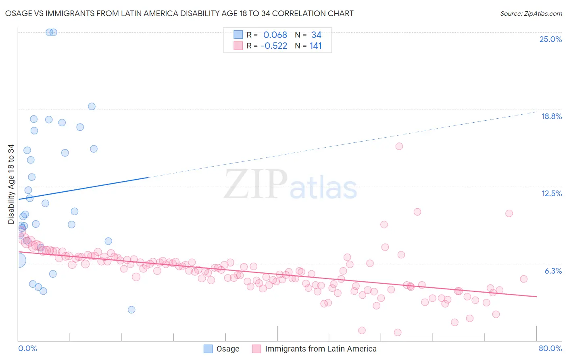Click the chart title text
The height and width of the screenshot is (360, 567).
179,13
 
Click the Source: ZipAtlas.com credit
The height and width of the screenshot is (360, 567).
531,13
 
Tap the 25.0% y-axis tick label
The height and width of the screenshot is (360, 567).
550,39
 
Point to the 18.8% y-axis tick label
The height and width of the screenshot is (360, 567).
551,116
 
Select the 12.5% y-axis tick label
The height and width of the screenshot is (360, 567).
551,193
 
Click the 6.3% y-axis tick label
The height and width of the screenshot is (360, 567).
553,271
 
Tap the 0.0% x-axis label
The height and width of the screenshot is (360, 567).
27,348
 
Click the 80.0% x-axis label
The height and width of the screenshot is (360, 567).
550,348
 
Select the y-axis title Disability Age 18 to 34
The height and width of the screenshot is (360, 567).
11,184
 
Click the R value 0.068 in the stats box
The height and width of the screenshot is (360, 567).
275,35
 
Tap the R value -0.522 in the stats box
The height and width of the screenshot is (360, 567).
274,46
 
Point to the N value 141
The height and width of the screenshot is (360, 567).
316,46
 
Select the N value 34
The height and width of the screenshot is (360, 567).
316,35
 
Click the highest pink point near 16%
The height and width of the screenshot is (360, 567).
399,146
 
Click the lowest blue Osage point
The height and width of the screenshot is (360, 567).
131,310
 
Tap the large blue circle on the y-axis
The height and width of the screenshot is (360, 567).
19,260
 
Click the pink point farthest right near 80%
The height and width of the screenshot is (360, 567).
523,279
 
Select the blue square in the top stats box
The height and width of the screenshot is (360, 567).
238,35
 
